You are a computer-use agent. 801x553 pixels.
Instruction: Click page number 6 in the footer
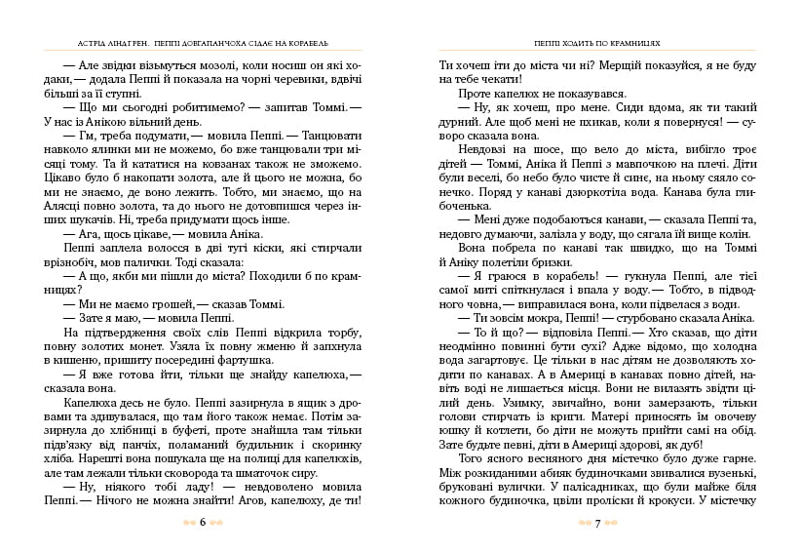pos(201,522)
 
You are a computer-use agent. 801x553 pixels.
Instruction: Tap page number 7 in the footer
pos(595,523)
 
